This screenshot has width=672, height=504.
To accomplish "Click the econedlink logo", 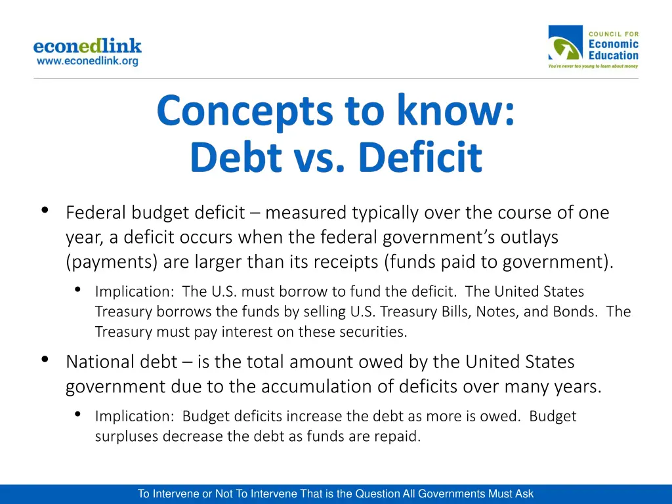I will (x=87, y=47).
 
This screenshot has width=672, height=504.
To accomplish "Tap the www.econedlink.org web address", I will (x=87, y=61).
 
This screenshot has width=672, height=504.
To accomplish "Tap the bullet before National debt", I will (x=45, y=359).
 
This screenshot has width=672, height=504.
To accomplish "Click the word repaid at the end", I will (x=396, y=436).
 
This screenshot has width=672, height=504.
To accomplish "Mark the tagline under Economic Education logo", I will (x=593, y=66).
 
